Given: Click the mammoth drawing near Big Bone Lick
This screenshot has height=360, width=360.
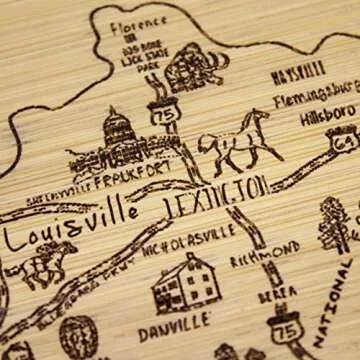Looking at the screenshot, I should tap(190, 65).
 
